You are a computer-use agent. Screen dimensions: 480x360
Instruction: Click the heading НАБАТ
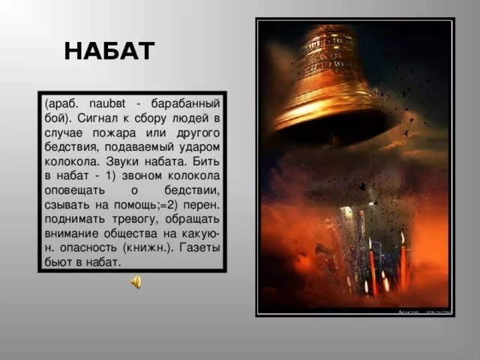[109, 51]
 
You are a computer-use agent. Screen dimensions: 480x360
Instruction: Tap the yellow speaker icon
[136, 282]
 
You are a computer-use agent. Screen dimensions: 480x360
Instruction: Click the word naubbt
[107, 103]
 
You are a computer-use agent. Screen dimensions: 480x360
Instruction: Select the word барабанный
[185, 104]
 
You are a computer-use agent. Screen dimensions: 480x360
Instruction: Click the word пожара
[114, 133]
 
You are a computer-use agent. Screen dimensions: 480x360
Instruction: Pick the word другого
[198, 133]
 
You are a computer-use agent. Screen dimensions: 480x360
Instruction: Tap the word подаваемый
[139, 148]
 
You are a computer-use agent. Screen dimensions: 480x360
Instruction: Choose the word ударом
[199, 148]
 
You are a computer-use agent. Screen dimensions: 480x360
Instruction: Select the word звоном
[142, 176]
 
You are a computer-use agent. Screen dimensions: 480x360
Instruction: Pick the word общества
[130, 234]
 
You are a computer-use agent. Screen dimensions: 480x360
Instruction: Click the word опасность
[88, 248]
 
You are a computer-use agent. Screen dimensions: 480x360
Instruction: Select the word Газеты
[199, 247]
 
